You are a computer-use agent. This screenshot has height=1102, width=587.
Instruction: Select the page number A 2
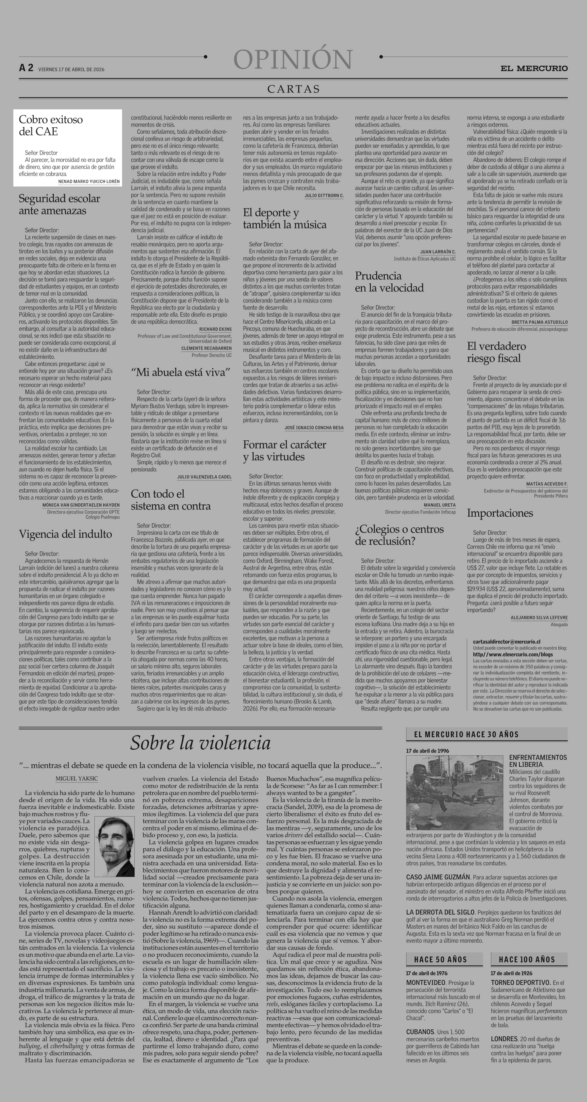point(26,68)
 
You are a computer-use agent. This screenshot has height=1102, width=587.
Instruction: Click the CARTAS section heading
point(293,89)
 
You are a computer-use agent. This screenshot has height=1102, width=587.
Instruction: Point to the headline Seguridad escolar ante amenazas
point(60,205)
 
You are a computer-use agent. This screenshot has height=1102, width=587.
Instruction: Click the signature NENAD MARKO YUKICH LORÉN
point(89,181)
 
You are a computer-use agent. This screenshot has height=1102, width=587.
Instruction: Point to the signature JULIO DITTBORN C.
point(324,196)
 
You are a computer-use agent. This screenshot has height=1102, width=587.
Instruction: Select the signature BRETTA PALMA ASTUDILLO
point(540,322)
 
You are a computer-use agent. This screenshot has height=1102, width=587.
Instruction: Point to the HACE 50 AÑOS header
point(440,960)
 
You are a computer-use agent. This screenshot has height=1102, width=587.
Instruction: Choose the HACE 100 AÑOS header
point(529,960)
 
